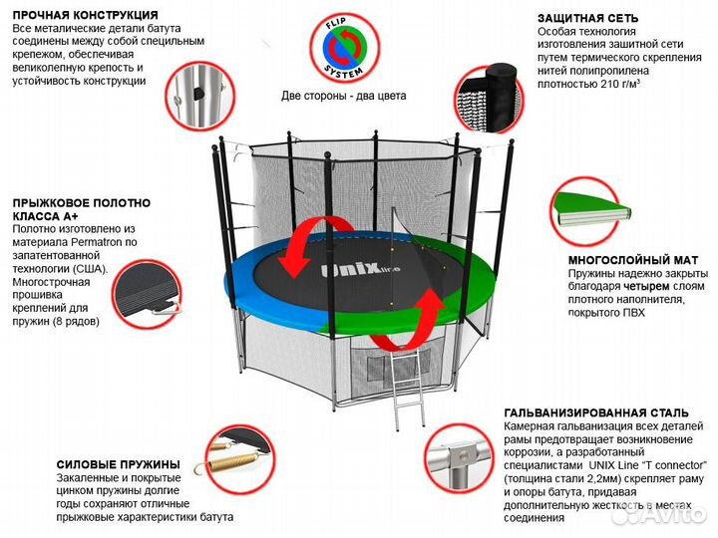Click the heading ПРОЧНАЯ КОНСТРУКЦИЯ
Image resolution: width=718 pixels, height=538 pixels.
85,16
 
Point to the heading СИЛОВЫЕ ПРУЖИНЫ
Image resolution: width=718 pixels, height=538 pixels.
119,464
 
